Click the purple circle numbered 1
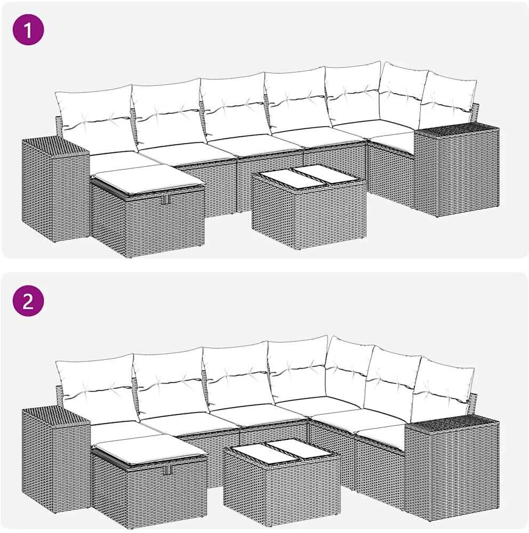point(28,29)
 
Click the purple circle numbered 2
point(28,301)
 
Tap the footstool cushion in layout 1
point(149,179)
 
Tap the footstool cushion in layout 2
point(150,449)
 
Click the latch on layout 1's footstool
point(166,200)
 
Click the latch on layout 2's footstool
point(168,470)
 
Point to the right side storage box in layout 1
point(457,170)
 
